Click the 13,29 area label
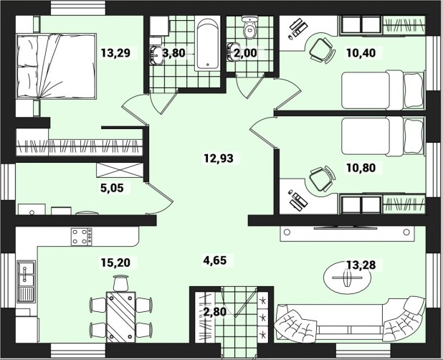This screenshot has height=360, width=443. (116, 53)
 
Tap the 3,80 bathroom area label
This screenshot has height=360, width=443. (173, 53)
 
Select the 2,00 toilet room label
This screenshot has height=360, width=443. (246, 53)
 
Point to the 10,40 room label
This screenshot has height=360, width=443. (361, 53)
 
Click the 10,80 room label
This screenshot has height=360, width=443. (361, 168)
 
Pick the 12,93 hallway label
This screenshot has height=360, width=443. (219, 158)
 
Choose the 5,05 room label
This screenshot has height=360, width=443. (112, 188)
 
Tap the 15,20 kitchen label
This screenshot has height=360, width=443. (116, 262)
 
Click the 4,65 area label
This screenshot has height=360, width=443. (215, 260)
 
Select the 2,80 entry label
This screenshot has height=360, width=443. (215, 312)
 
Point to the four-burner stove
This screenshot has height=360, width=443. (82, 237)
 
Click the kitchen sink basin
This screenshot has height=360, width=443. (26, 281)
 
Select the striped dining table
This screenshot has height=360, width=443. (121, 317)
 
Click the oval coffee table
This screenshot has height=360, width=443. (347, 278)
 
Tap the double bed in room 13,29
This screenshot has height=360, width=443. (57, 67)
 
